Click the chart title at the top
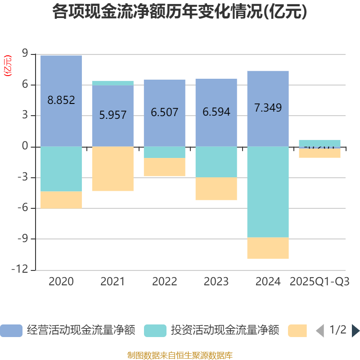(180, 12)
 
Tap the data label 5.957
(113, 115)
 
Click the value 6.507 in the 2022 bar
(165, 112)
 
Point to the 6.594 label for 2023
(216, 112)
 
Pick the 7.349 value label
(268, 108)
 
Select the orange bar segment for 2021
(113, 169)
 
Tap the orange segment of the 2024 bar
(268, 248)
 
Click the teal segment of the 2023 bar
(216, 162)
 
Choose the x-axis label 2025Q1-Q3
(319, 282)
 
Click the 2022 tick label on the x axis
(165, 282)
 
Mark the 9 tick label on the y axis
(25, 54)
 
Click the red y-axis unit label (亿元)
(8, 66)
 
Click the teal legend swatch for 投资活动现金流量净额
(155, 331)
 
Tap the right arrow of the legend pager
(355, 331)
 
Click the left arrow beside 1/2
(320, 331)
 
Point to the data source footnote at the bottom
(180, 355)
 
